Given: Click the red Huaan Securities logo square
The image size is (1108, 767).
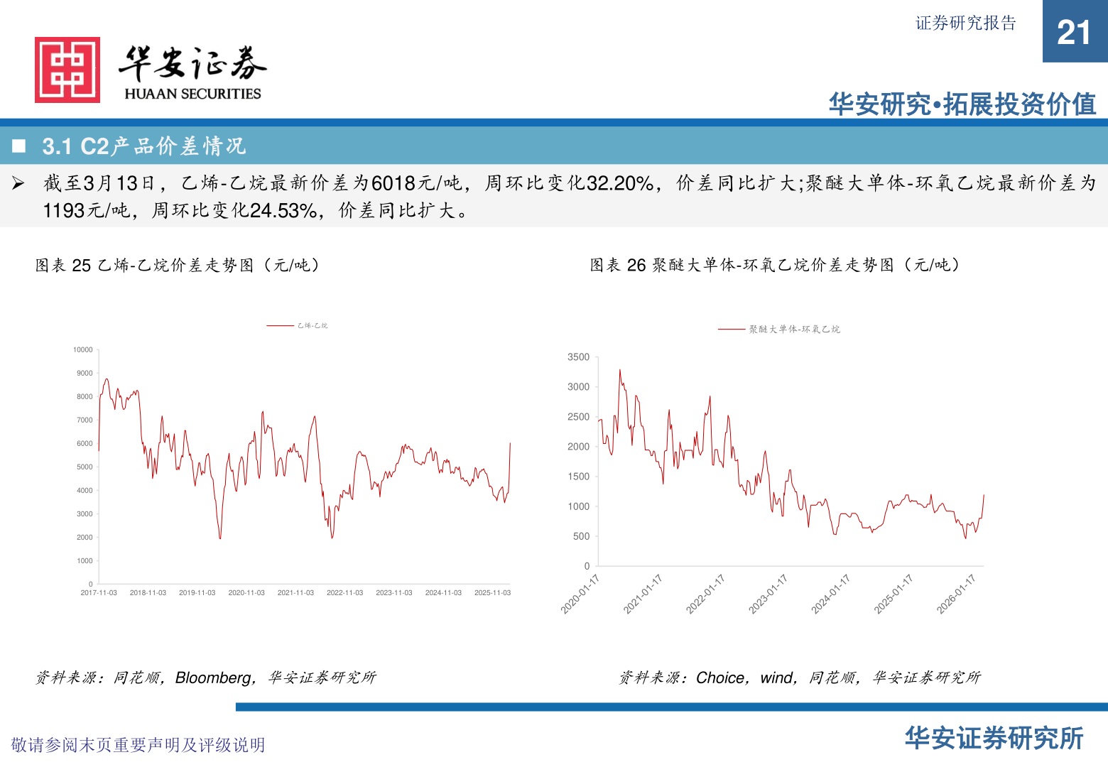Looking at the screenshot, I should click(67, 70).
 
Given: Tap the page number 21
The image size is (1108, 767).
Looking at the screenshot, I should click(1073, 33).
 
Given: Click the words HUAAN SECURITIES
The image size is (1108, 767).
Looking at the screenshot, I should click(192, 94).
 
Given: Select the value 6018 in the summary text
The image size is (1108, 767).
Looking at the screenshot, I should click(393, 183).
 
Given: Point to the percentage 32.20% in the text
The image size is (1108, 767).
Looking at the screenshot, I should click(619, 183).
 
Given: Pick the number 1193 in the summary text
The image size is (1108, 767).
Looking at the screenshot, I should click(65, 211).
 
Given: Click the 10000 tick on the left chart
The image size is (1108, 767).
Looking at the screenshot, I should click(83, 350).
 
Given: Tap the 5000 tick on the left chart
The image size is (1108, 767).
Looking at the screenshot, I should click(85, 467).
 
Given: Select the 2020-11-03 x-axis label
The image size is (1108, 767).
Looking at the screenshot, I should click(246, 593).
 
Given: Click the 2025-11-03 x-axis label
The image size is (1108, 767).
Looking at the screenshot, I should click(492, 593).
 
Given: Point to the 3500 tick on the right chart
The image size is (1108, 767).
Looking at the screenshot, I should click(578, 357).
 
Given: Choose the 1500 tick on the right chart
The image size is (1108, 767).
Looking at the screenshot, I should click(578, 477).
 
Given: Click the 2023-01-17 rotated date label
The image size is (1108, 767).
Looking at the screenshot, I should click(768, 594).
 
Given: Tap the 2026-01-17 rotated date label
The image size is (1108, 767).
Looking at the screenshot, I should click(956, 594).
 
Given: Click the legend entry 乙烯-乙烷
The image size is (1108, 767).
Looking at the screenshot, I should click(313, 326).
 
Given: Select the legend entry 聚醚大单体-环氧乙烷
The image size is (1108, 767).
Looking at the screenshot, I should click(794, 330).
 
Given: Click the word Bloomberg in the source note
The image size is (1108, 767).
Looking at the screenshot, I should click(213, 678).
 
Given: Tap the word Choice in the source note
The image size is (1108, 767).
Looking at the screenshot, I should click(720, 678).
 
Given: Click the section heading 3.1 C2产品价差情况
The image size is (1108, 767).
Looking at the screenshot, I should click(143, 146).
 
